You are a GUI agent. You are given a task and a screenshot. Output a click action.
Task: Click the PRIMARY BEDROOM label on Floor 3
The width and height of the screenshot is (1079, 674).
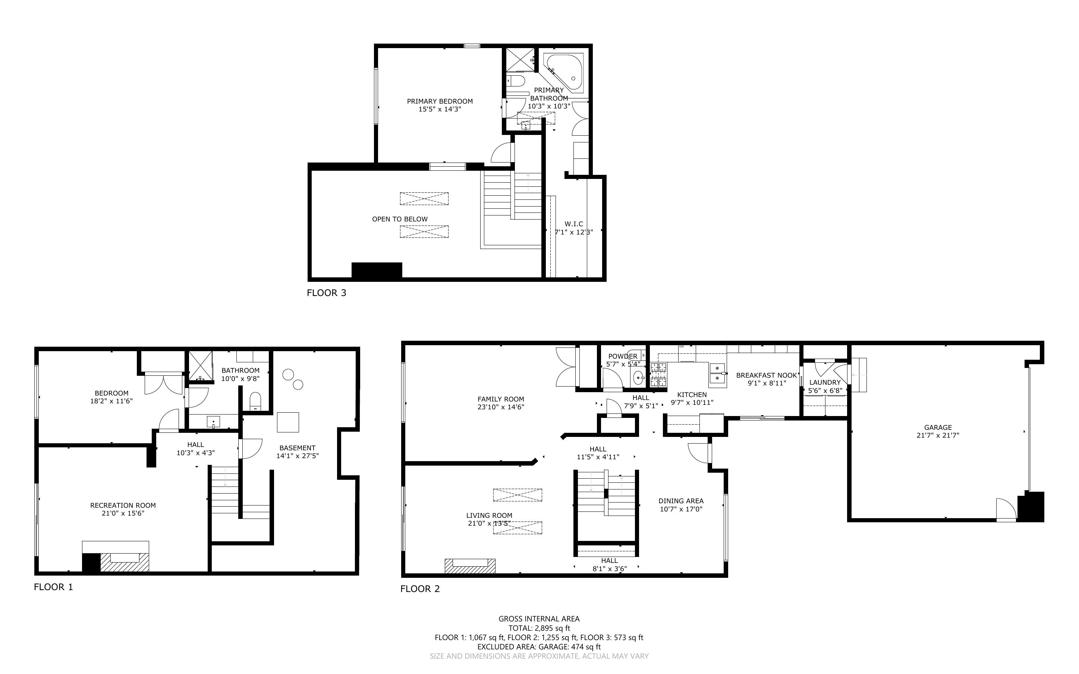coord(440,101)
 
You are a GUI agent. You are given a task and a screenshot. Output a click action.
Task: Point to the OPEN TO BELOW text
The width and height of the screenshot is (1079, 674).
coord(400,219)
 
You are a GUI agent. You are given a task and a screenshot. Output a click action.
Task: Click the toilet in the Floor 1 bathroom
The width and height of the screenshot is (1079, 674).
coord(255,400)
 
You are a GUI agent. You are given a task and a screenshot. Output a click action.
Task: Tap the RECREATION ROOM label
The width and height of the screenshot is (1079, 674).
coord(123,505)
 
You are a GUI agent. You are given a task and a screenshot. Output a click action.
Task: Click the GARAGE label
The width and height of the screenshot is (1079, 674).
coord(938,427)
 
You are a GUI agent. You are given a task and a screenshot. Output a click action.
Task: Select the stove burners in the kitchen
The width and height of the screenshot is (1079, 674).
coord(658,374)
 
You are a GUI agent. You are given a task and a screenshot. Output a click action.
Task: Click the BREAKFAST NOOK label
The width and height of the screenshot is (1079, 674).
coord(766,375)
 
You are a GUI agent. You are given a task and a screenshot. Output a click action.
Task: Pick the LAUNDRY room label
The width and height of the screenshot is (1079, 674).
coord(825,382)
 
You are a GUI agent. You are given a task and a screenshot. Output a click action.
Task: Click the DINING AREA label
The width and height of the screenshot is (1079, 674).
coord(681,501)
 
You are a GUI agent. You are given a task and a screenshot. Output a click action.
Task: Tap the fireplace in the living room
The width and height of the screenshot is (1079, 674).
coord(470,566)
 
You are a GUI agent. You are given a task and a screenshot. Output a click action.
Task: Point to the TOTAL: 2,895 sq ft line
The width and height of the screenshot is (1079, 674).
coord(539,628)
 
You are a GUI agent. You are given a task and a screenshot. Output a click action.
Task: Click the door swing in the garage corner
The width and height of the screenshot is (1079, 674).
coord(1006,510)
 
